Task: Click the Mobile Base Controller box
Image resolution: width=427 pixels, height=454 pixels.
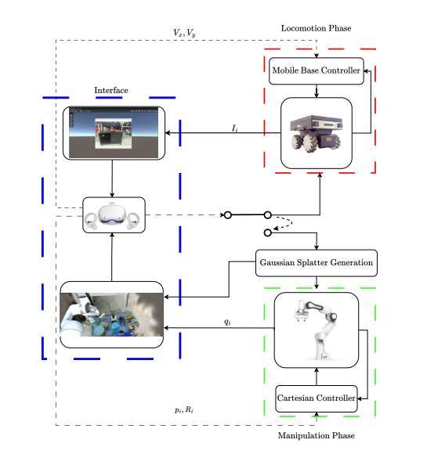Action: coord(316,71)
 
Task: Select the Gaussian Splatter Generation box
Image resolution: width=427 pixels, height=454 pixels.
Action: coord(316,262)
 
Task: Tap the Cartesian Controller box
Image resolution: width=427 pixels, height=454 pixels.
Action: coord(316,398)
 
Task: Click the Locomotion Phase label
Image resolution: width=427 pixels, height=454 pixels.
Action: coord(316,28)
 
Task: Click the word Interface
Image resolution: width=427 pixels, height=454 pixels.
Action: coord(110,90)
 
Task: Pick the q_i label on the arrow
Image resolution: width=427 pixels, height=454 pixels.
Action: coord(227,322)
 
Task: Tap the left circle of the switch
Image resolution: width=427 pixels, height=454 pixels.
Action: coord(228,214)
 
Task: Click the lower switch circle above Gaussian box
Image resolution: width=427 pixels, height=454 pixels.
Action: coord(268,232)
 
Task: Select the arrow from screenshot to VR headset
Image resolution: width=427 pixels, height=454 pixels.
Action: coord(114,178)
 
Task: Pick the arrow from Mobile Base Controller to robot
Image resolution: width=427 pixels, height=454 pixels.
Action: coord(316,91)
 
